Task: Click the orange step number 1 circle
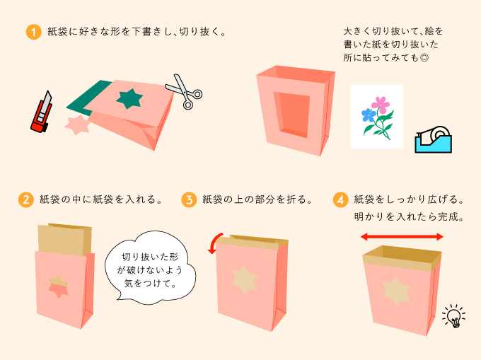point(33,32)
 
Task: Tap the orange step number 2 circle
point(25,199)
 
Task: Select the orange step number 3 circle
point(189,199)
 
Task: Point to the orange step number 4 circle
point(340,199)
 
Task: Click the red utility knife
point(42,112)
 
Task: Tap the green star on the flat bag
point(129,98)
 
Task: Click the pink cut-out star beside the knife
point(77,124)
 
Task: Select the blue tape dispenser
point(433,139)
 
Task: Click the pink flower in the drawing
point(381,105)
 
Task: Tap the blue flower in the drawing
point(369,115)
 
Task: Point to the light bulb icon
point(454,316)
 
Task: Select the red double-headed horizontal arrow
point(402,236)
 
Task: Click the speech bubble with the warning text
point(150,268)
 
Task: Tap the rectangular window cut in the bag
point(292,115)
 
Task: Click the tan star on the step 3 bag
point(244,280)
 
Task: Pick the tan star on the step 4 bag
point(396,291)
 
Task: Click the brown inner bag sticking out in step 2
point(65,239)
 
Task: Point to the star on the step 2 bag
point(58,286)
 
